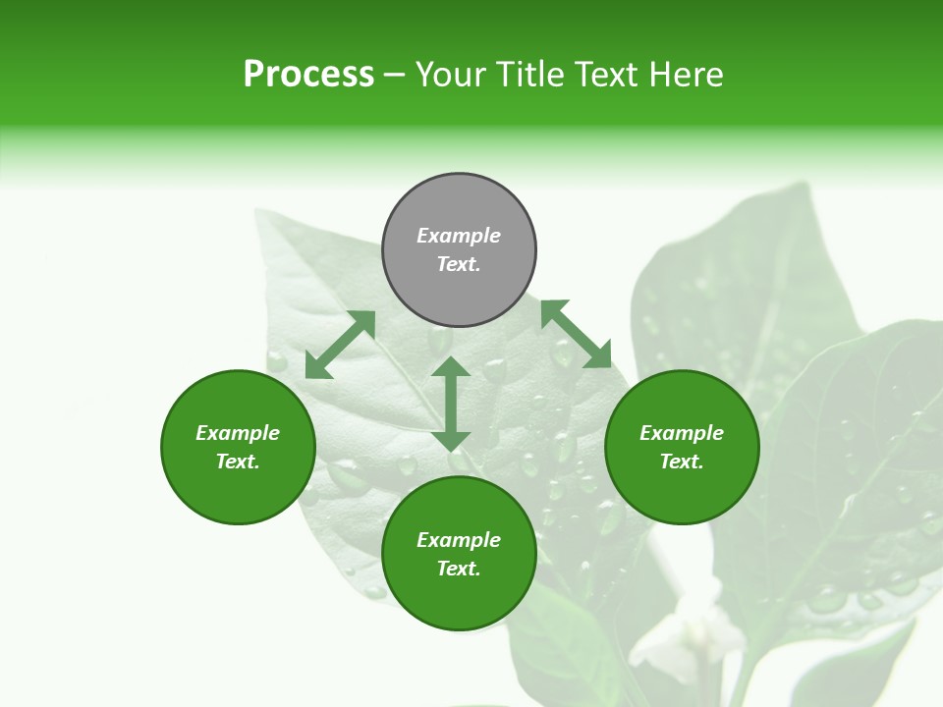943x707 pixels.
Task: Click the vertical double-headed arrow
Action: click(451, 405)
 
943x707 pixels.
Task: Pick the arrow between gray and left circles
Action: click(340, 345)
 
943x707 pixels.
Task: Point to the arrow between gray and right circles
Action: click(577, 335)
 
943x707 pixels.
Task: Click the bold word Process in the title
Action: click(308, 75)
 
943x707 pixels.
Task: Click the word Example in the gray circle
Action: click(459, 236)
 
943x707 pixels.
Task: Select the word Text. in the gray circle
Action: click(459, 264)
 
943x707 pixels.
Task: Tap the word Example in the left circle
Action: click(238, 433)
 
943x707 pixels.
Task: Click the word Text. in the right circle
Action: click(682, 462)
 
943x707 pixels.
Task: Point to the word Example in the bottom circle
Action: click(459, 540)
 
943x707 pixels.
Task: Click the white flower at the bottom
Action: click(693, 628)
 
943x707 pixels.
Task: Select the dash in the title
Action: click(395, 76)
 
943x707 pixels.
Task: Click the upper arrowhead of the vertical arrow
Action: click(451, 367)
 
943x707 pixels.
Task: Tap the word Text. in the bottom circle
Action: click(459, 569)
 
